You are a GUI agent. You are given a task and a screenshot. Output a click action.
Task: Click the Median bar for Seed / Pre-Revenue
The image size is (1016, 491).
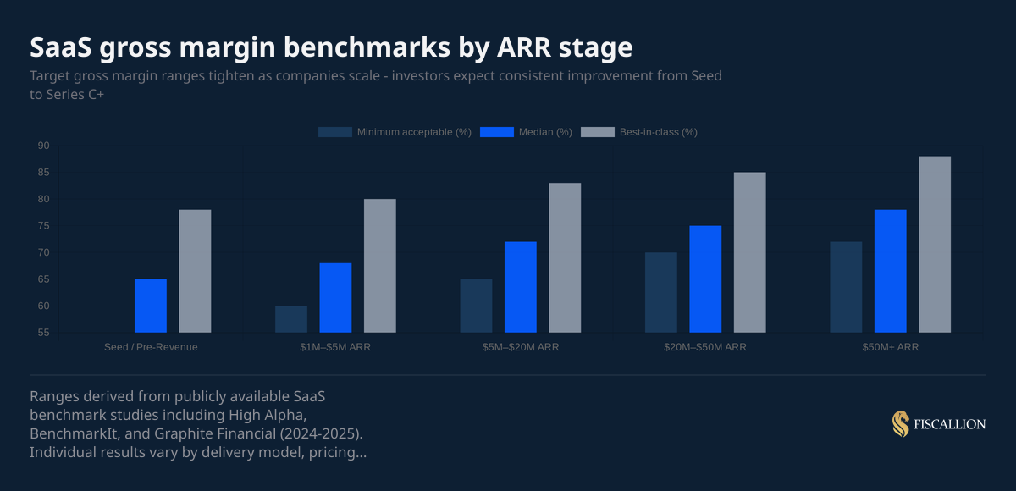point(151,306)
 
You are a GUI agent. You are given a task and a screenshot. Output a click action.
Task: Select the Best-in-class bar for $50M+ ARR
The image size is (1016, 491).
point(935,245)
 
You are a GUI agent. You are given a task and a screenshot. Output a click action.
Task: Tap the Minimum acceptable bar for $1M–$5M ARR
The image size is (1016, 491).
point(291,319)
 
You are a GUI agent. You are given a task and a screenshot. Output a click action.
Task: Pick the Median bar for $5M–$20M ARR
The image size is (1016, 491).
point(521,287)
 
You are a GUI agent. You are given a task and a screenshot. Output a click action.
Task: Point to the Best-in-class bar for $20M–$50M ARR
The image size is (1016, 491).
point(749,252)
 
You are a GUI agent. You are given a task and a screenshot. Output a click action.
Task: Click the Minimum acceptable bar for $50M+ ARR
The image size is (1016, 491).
point(846,287)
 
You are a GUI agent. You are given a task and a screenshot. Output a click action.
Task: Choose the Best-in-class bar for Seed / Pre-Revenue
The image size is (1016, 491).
point(195,271)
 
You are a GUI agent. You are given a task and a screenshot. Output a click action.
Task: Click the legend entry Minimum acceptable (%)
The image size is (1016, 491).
point(395,132)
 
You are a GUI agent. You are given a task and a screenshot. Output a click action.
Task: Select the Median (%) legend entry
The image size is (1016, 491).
point(527,132)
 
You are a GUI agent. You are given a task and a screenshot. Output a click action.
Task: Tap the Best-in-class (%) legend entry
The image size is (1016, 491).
point(639,132)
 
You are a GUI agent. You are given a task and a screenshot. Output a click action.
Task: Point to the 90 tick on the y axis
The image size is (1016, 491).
point(44,146)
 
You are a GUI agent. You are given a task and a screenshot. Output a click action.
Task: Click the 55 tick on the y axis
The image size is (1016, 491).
point(44,333)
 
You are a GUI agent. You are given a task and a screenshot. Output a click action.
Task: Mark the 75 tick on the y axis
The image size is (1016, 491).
point(44,226)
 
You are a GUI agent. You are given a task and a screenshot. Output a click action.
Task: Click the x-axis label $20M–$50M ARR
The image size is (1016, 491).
point(705,347)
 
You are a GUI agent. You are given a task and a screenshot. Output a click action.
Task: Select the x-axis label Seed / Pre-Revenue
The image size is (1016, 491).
point(151,347)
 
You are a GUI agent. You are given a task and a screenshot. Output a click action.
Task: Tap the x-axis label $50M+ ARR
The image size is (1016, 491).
point(890,347)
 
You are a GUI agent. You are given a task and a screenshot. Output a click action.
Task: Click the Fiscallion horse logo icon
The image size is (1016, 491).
point(900,423)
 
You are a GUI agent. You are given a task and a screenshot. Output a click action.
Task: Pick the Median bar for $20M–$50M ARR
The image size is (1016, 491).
point(705,279)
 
